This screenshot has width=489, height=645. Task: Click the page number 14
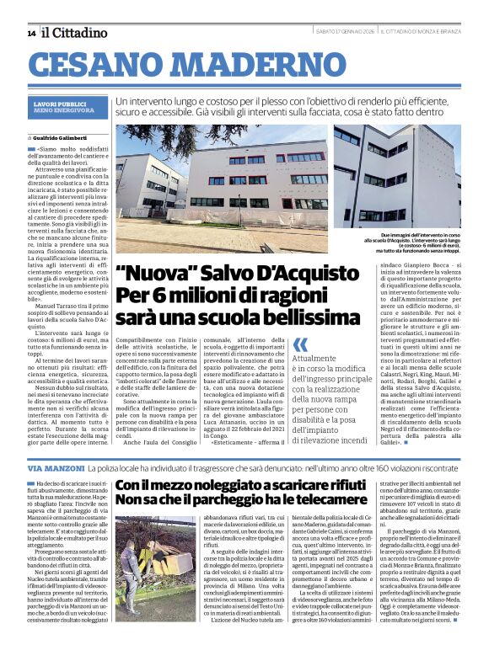point(31,33)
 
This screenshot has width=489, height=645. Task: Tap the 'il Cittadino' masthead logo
point(67,32)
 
